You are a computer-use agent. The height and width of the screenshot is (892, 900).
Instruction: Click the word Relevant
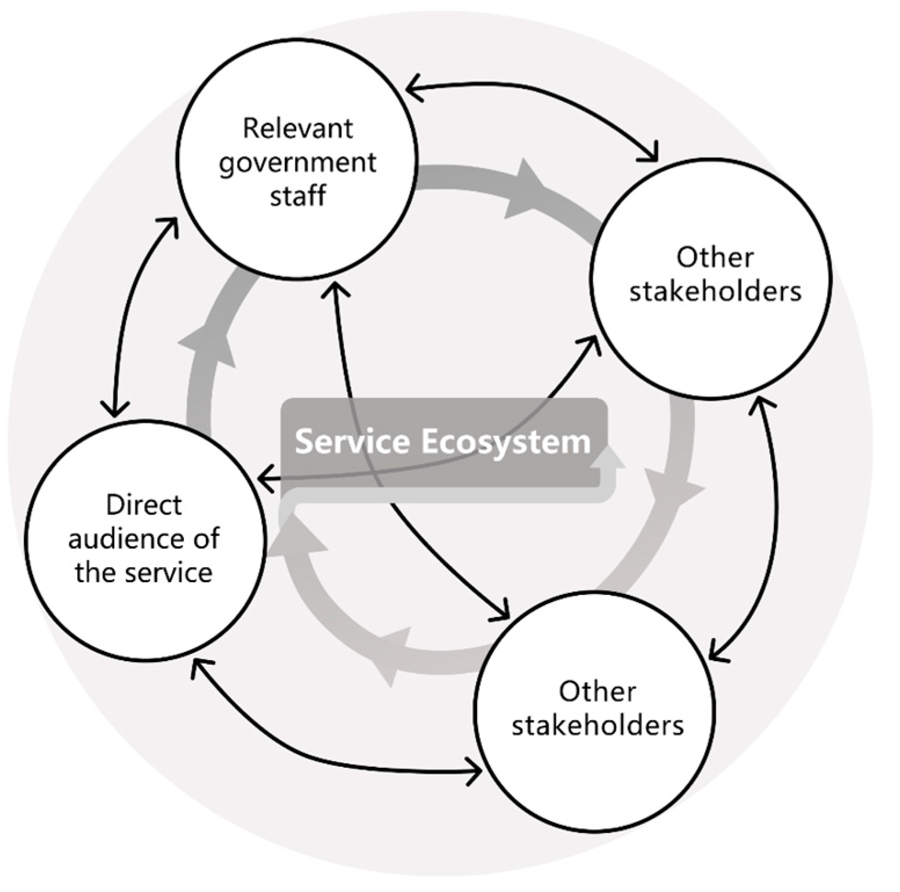point(297,128)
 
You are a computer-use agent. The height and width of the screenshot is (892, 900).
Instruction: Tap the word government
point(297,162)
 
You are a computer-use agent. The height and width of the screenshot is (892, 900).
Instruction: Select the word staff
point(297,195)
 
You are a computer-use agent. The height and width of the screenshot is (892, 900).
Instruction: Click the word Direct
point(144,505)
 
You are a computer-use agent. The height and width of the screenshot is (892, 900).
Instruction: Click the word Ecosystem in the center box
point(505,442)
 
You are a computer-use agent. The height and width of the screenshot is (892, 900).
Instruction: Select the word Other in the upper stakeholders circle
point(715,258)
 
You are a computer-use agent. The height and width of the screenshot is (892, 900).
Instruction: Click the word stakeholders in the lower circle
point(597,726)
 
